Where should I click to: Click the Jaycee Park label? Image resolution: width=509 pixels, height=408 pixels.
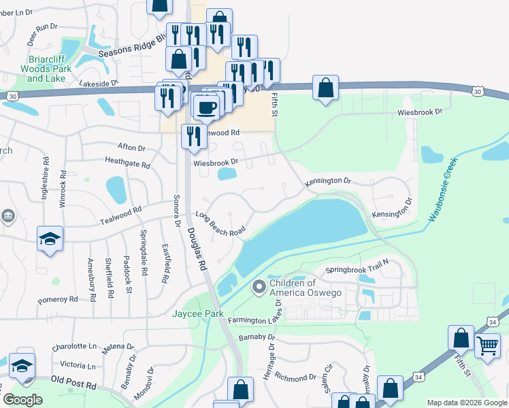(x=193, y=314)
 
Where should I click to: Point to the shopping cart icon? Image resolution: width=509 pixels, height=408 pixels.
(x=487, y=346)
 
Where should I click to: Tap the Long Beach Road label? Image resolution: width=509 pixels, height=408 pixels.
(x=220, y=224)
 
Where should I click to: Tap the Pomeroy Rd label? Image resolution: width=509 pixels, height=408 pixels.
(x=59, y=299)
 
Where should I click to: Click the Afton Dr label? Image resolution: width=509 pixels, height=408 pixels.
(x=131, y=147)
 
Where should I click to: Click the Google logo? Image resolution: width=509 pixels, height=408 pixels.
(x=22, y=400)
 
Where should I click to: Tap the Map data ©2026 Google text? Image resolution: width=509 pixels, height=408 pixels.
(x=467, y=403)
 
